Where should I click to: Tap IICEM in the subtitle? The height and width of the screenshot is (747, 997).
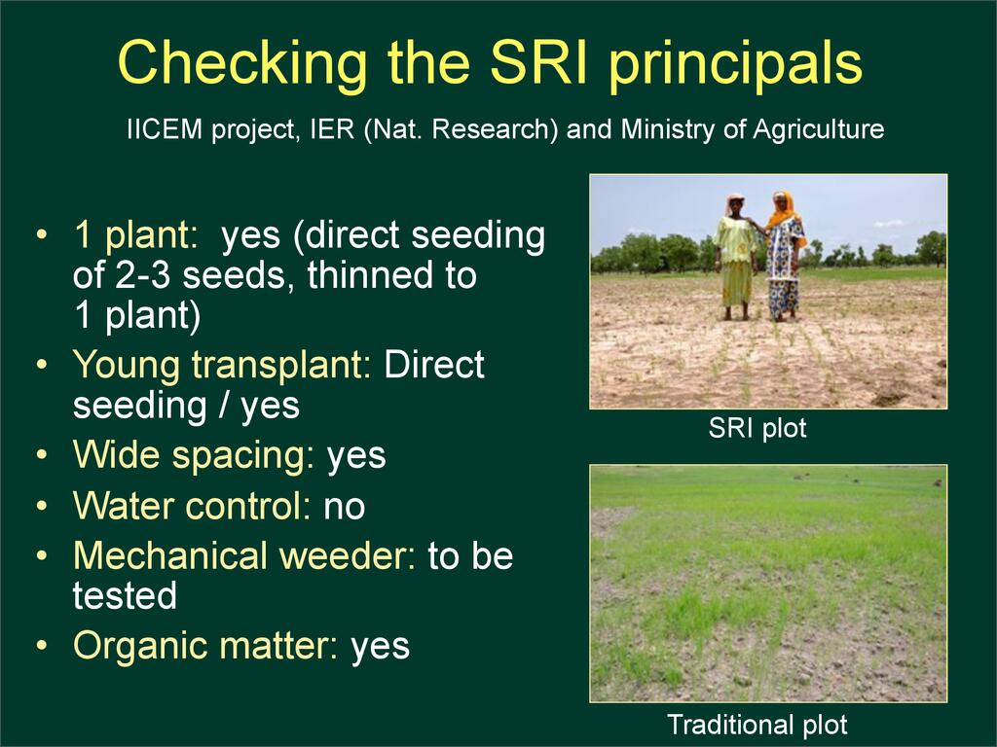[164, 129]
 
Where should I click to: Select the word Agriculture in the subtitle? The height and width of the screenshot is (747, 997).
[818, 130]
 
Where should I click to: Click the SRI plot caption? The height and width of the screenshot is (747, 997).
[757, 428]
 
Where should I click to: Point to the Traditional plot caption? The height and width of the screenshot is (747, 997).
[757, 724]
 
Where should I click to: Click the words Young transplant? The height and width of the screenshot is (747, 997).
[222, 366]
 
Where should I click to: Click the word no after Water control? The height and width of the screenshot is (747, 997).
[345, 508]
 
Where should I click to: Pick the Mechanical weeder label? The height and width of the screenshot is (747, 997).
[244, 555]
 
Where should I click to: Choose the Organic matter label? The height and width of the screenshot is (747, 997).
[205, 646]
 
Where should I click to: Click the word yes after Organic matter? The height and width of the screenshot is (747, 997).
[381, 648]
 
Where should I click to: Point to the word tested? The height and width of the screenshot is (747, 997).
[125, 596]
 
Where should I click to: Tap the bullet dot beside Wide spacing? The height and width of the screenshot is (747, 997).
[42, 455]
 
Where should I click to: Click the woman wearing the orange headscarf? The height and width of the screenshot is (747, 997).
[784, 256]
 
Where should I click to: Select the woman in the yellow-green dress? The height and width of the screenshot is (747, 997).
[736, 257]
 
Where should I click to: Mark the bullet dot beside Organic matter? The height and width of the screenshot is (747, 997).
[42, 646]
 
